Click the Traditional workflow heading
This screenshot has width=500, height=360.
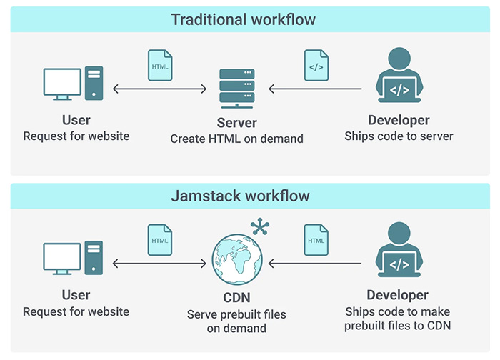click(x=243, y=19)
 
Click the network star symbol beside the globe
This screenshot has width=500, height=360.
click(x=260, y=227)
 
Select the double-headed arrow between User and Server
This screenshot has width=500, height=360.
click(x=160, y=89)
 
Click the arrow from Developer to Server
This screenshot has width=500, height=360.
click(x=315, y=89)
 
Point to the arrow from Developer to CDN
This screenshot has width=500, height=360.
click(x=315, y=264)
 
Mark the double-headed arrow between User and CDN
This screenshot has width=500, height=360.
click(x=160, y=264)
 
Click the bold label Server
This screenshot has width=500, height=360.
click(x=236, y=122)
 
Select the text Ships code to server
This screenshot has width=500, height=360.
click(x=399, y=136)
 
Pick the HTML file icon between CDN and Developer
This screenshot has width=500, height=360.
click(x=316, y=239)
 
